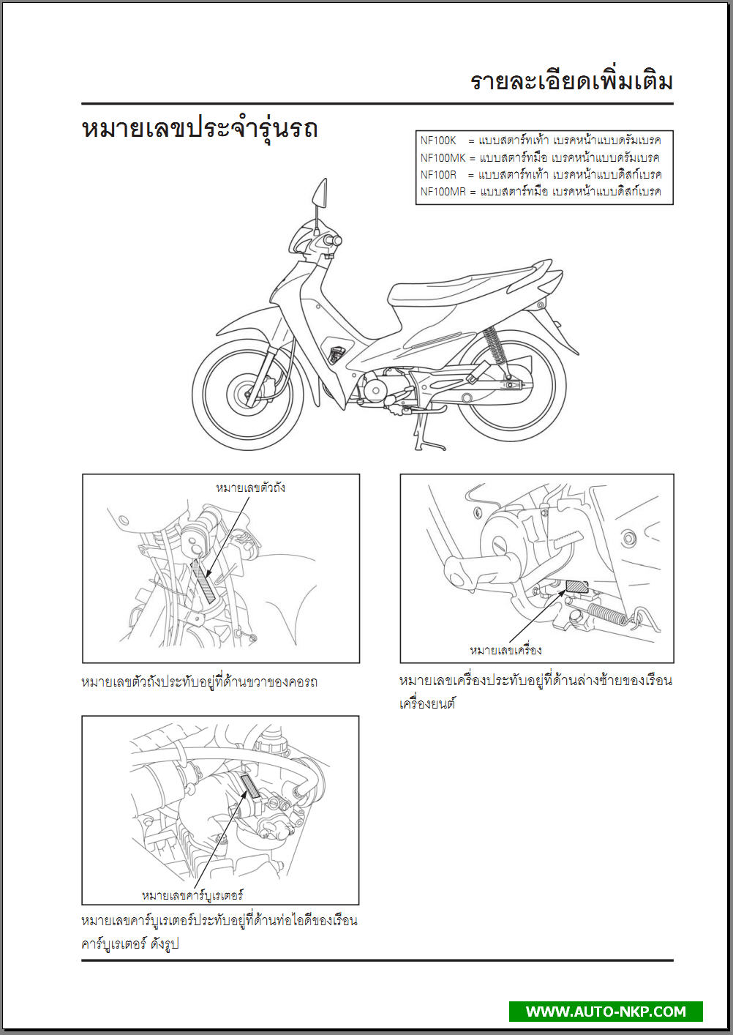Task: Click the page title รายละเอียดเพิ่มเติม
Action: click(x=571, y=82)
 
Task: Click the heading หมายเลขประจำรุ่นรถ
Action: click(x=200, y=130)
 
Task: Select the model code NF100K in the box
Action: click(x=438, y=141)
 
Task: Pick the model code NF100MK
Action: click(x=443, y=157)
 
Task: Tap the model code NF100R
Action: click(x=438, y=175)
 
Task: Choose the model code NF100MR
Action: click(x=443, y=191)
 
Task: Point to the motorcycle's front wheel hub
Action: click(x=244, y=394)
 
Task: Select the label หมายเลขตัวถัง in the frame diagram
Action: click(x=250, y=487)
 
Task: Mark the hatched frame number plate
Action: click(x=206, y=580)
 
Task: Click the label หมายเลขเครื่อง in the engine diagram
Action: click(x=505, y=651)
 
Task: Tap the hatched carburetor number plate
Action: click(x=250, y=789)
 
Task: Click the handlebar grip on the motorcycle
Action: click(x=333, y=240)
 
